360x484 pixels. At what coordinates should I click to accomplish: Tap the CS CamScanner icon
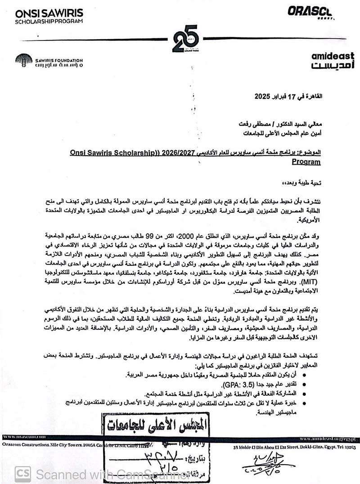[22, 474]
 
